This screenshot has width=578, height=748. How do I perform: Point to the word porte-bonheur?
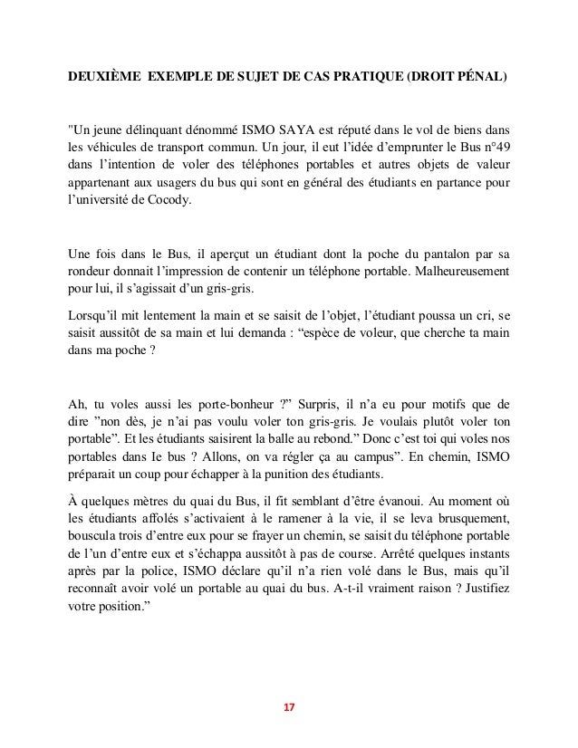click(x=228, y=402)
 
